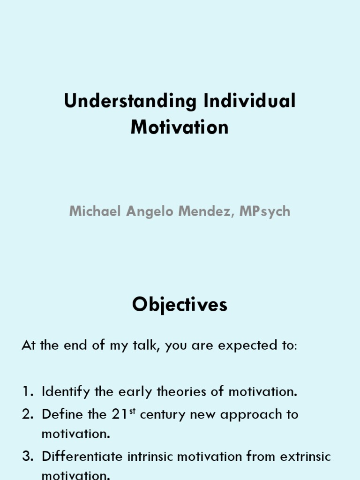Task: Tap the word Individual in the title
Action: [250, 102]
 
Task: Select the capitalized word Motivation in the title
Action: [180, 127]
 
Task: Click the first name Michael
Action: [96, 211]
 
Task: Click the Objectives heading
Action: [180, 305]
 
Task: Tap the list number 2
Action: [27, 414]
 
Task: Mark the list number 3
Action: [27, 456]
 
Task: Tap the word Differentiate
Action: [82, 456]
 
